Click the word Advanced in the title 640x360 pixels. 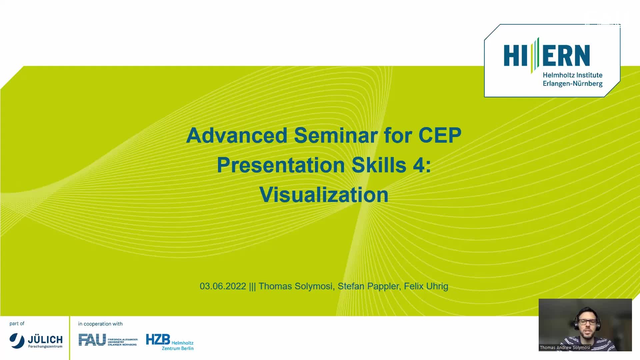pos(237,135)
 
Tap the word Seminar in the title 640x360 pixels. pos(336,135)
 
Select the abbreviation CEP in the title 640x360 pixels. pos(440,135)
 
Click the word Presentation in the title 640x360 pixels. pos(281,165)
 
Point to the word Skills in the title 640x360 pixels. pos(379,165)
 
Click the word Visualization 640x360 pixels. pos(324,195)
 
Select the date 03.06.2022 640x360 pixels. pos(223,286)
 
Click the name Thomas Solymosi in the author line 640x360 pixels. pos(296,286)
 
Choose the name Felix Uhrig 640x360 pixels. pos(426,286)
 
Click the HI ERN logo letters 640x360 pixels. pos(547,55)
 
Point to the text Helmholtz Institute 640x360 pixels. pos(573,75)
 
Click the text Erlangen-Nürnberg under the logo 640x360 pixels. pos(573,84)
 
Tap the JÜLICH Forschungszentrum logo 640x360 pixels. pos(36,341)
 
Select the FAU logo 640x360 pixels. pos(108,340)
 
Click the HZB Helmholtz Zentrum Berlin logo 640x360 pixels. pos(170,342)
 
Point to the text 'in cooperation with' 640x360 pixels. pos(100,324)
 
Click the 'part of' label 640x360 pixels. pos(17,323)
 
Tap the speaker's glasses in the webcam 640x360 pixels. pos(588,322)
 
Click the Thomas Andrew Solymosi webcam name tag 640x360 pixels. pos(565,347)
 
